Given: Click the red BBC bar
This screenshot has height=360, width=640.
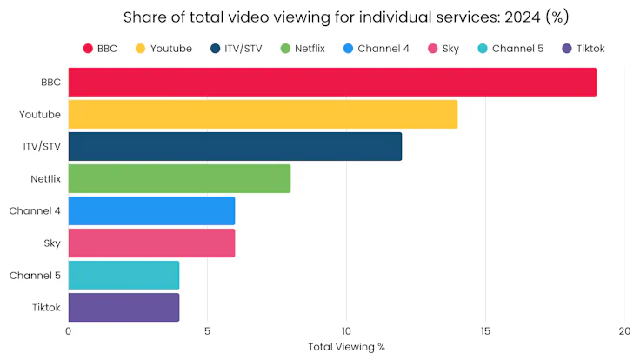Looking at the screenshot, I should (x=332, y=83).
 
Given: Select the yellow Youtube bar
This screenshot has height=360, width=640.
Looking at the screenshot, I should (x=263, y=115).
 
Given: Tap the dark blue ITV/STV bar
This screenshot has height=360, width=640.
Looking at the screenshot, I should (x=235, y=146).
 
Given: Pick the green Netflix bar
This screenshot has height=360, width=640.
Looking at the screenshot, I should (x=179, y=178).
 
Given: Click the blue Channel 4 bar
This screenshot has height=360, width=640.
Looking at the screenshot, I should (x=151, y=210).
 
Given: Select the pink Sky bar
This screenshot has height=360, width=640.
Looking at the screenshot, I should (x=151, y=243).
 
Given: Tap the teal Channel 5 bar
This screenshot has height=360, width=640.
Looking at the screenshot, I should (x=123, y=275).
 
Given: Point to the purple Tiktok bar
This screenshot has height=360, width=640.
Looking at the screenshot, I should (x=123, y=307).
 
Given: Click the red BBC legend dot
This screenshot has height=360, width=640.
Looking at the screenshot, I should (x=89, y=49).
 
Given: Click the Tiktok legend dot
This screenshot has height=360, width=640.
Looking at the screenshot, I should (x=567, y=49).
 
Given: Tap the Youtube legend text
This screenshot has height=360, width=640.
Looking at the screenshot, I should (x=170, y=49).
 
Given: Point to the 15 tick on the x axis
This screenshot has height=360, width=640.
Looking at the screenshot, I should (x=485, y=331).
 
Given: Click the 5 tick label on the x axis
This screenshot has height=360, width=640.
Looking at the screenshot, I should (x=207, y=331).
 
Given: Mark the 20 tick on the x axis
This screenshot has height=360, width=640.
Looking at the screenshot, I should (x=624, y=331).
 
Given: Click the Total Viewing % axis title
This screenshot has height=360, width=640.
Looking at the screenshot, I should (x=346, y=346).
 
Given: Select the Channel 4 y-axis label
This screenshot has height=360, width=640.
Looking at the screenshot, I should (x=35, y=210).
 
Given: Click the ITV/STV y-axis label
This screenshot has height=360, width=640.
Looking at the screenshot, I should (x=42, y=146).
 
